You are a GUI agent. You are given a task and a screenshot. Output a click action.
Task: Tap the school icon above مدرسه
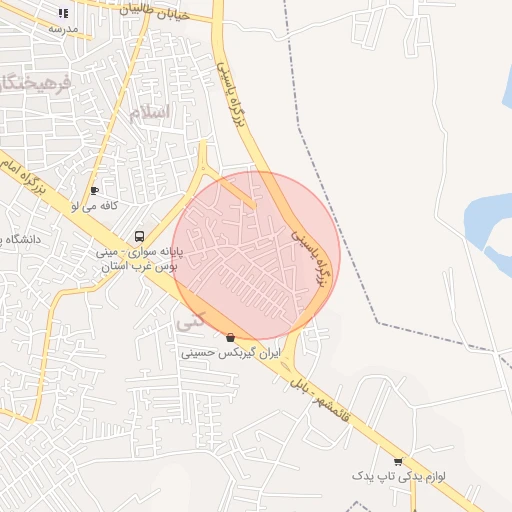pos(64,14)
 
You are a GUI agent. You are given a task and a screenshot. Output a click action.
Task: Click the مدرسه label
pos(62,29)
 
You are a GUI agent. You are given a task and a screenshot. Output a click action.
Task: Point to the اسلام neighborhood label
pos(149,112)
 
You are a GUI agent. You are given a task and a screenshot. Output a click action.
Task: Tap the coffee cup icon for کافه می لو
pos(94,190)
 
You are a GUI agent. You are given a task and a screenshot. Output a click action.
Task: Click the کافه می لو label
pos(95,205)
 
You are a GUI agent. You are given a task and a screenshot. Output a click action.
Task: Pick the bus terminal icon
pos(139,237)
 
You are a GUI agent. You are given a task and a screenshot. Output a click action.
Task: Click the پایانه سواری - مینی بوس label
pos(138,260)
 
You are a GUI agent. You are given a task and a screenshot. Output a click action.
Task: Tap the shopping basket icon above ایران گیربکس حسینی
pos(232,338)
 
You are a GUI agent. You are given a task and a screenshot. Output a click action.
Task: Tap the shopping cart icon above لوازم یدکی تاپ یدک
pos(398,462)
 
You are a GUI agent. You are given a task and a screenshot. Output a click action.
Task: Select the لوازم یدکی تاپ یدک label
pos(398,477)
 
